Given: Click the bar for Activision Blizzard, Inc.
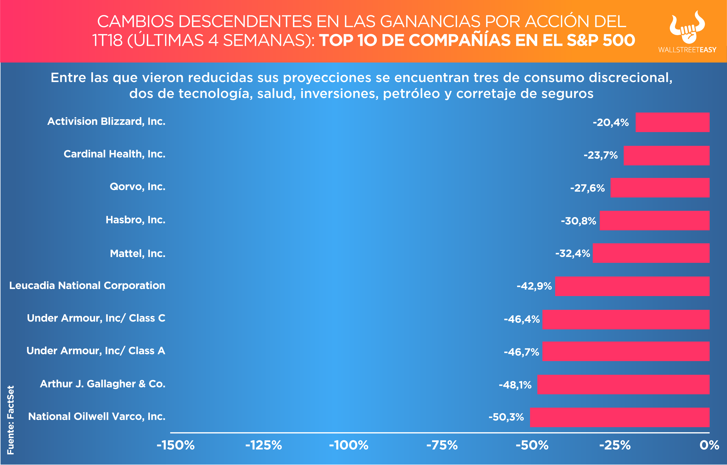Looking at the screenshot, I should click(x=672, y=122).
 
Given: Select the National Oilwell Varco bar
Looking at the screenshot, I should click(x=619, y=417).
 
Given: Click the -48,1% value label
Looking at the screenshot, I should click(x=515, y=385).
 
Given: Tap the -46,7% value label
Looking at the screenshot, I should click(x=521, y=352).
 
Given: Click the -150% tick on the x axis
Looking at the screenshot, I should click(x=176, y=445).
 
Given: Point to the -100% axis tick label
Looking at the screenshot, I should click(x=349, y=445).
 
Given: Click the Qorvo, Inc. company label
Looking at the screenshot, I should click(x=137, y=187).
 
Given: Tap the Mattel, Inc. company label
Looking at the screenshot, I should click(x=137, y=253).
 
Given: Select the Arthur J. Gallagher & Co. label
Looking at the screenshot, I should click(x=103, y=384).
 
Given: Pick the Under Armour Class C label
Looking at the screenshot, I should click(x=96, y=318).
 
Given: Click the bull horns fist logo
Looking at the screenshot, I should click(x=687, y=27).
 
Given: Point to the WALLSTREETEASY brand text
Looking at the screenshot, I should click(x=687, y=50).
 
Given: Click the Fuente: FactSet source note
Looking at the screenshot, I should click(x=11, y=420).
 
